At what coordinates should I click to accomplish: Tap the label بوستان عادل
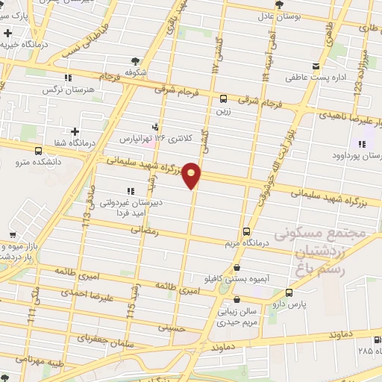pos(278,15)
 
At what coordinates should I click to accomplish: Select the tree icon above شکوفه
pos(134,61)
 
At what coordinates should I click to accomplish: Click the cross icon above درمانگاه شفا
pos(75,132)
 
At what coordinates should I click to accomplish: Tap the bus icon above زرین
pos(223,98)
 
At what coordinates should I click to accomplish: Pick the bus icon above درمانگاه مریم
pos(247,231)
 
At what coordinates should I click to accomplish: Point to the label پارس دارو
pos(298,304)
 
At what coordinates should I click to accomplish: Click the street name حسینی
pos(170,326)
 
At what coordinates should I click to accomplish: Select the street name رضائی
pos(146,231)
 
